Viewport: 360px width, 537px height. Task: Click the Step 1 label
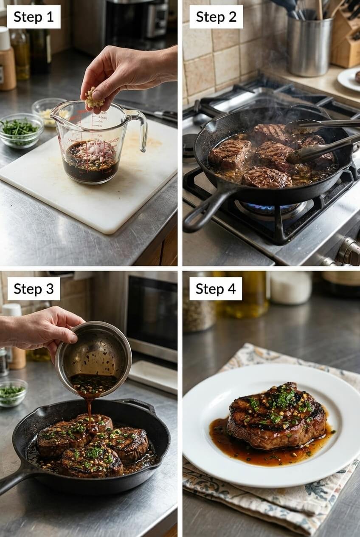[34, 17]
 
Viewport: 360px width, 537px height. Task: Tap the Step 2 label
[216, 17]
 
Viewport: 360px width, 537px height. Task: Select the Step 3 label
[34, 289]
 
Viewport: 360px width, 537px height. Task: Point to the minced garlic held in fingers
[93, 99]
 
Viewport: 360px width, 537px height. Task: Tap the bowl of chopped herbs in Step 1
[20, 130]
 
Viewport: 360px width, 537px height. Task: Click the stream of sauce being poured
[90, 408]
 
